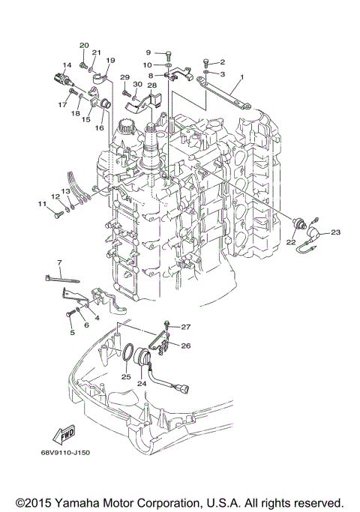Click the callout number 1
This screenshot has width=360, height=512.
(242, 76)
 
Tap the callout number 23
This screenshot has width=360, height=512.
(335, 232)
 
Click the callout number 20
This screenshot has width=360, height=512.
(84, 46)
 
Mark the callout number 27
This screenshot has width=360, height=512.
(186, 327)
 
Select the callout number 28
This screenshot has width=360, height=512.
(151, 86)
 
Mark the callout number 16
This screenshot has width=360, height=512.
(98, 128)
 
